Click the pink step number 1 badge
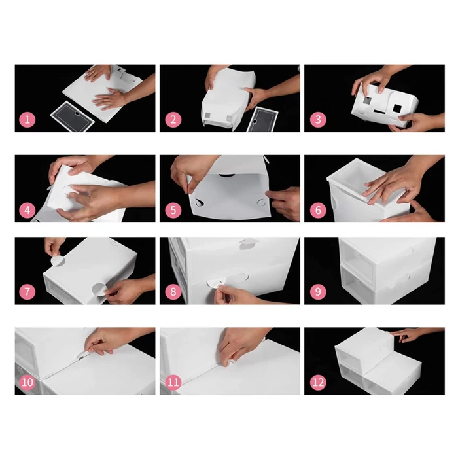(x=27, y=120)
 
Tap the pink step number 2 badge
(x=173, y=120)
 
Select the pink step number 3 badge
(x=318, y=120)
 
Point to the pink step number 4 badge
(x=27, y=210)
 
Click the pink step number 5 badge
(x=173, y=210)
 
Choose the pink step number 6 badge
(x=318, y=210)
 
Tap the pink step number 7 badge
(x=27, y=292)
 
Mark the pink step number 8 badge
(x=173, y=292)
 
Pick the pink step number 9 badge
(x=318, y=292)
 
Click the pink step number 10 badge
(x=27, y=382)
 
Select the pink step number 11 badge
(x=173, y=382)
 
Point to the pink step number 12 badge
(x=318, y=382)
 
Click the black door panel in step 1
(x=73, y=116)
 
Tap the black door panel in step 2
(x=262, y=120)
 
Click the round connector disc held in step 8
(x=214, y=283)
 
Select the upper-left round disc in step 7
(x=58, y=260)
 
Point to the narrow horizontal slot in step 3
(x=379, y=112)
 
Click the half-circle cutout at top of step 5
(x=227, y=175)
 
